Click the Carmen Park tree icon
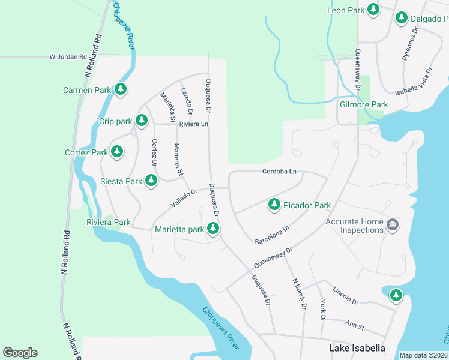tap(121, 90)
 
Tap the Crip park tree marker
tap(142, 121)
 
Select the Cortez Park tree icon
tap(118, 152)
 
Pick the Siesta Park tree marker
tap(151, 181)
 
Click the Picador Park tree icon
tap(274, 205)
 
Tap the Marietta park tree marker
tap(213, 229)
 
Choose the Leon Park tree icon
tap(373, 10)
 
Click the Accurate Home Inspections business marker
tap(393, 226)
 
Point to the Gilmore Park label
tap(364, 104)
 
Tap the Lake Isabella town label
tap(357, 348)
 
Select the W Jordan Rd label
tap(69, 57)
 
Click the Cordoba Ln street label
tap(279, 172)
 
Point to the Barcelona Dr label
tap(272, 235)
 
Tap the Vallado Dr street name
tap(184, 199)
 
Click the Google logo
tap(20, 353)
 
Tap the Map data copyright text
tap(423, 355)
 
